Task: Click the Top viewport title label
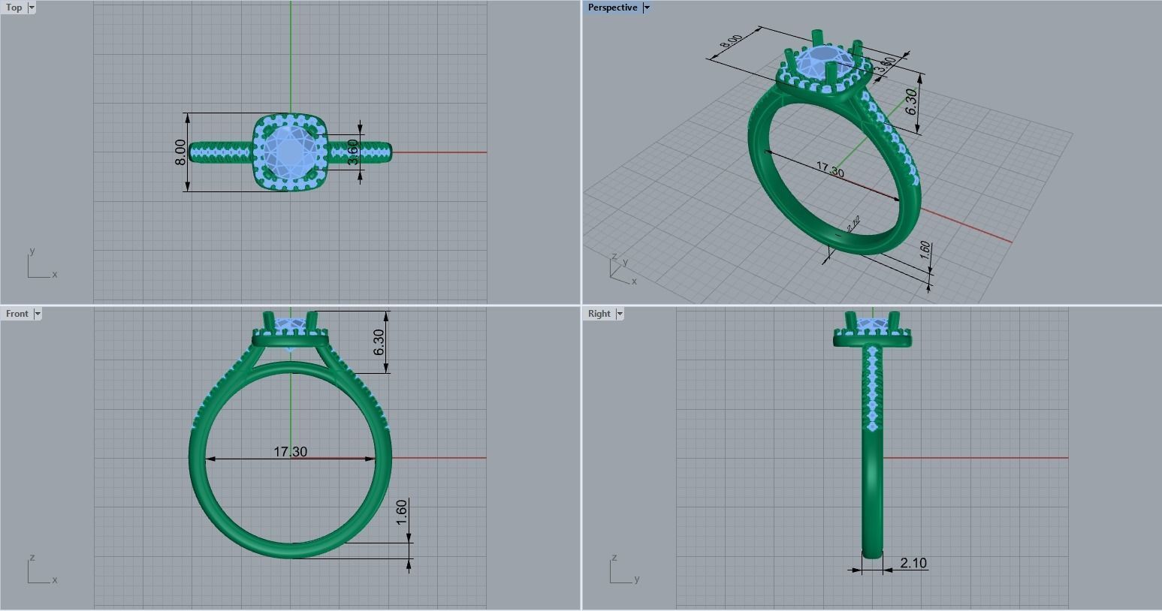coord(14,8)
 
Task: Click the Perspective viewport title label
coord(612,8)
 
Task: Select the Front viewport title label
coord(17,314)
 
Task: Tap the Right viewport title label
coord(599,314)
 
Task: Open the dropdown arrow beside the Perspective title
coord(647,8)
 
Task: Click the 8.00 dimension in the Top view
coord(180,152)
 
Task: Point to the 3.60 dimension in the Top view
coord(353,152)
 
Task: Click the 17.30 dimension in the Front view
coord(290,452)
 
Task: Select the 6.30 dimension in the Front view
coord(379,342)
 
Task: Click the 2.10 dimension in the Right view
coord(913,563)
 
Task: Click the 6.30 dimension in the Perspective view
coord(910,101)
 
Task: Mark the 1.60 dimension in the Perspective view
coord(925,251)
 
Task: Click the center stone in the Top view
coord(290,151)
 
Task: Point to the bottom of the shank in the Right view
coord(872,552)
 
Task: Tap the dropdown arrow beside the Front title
coord(38,314)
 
